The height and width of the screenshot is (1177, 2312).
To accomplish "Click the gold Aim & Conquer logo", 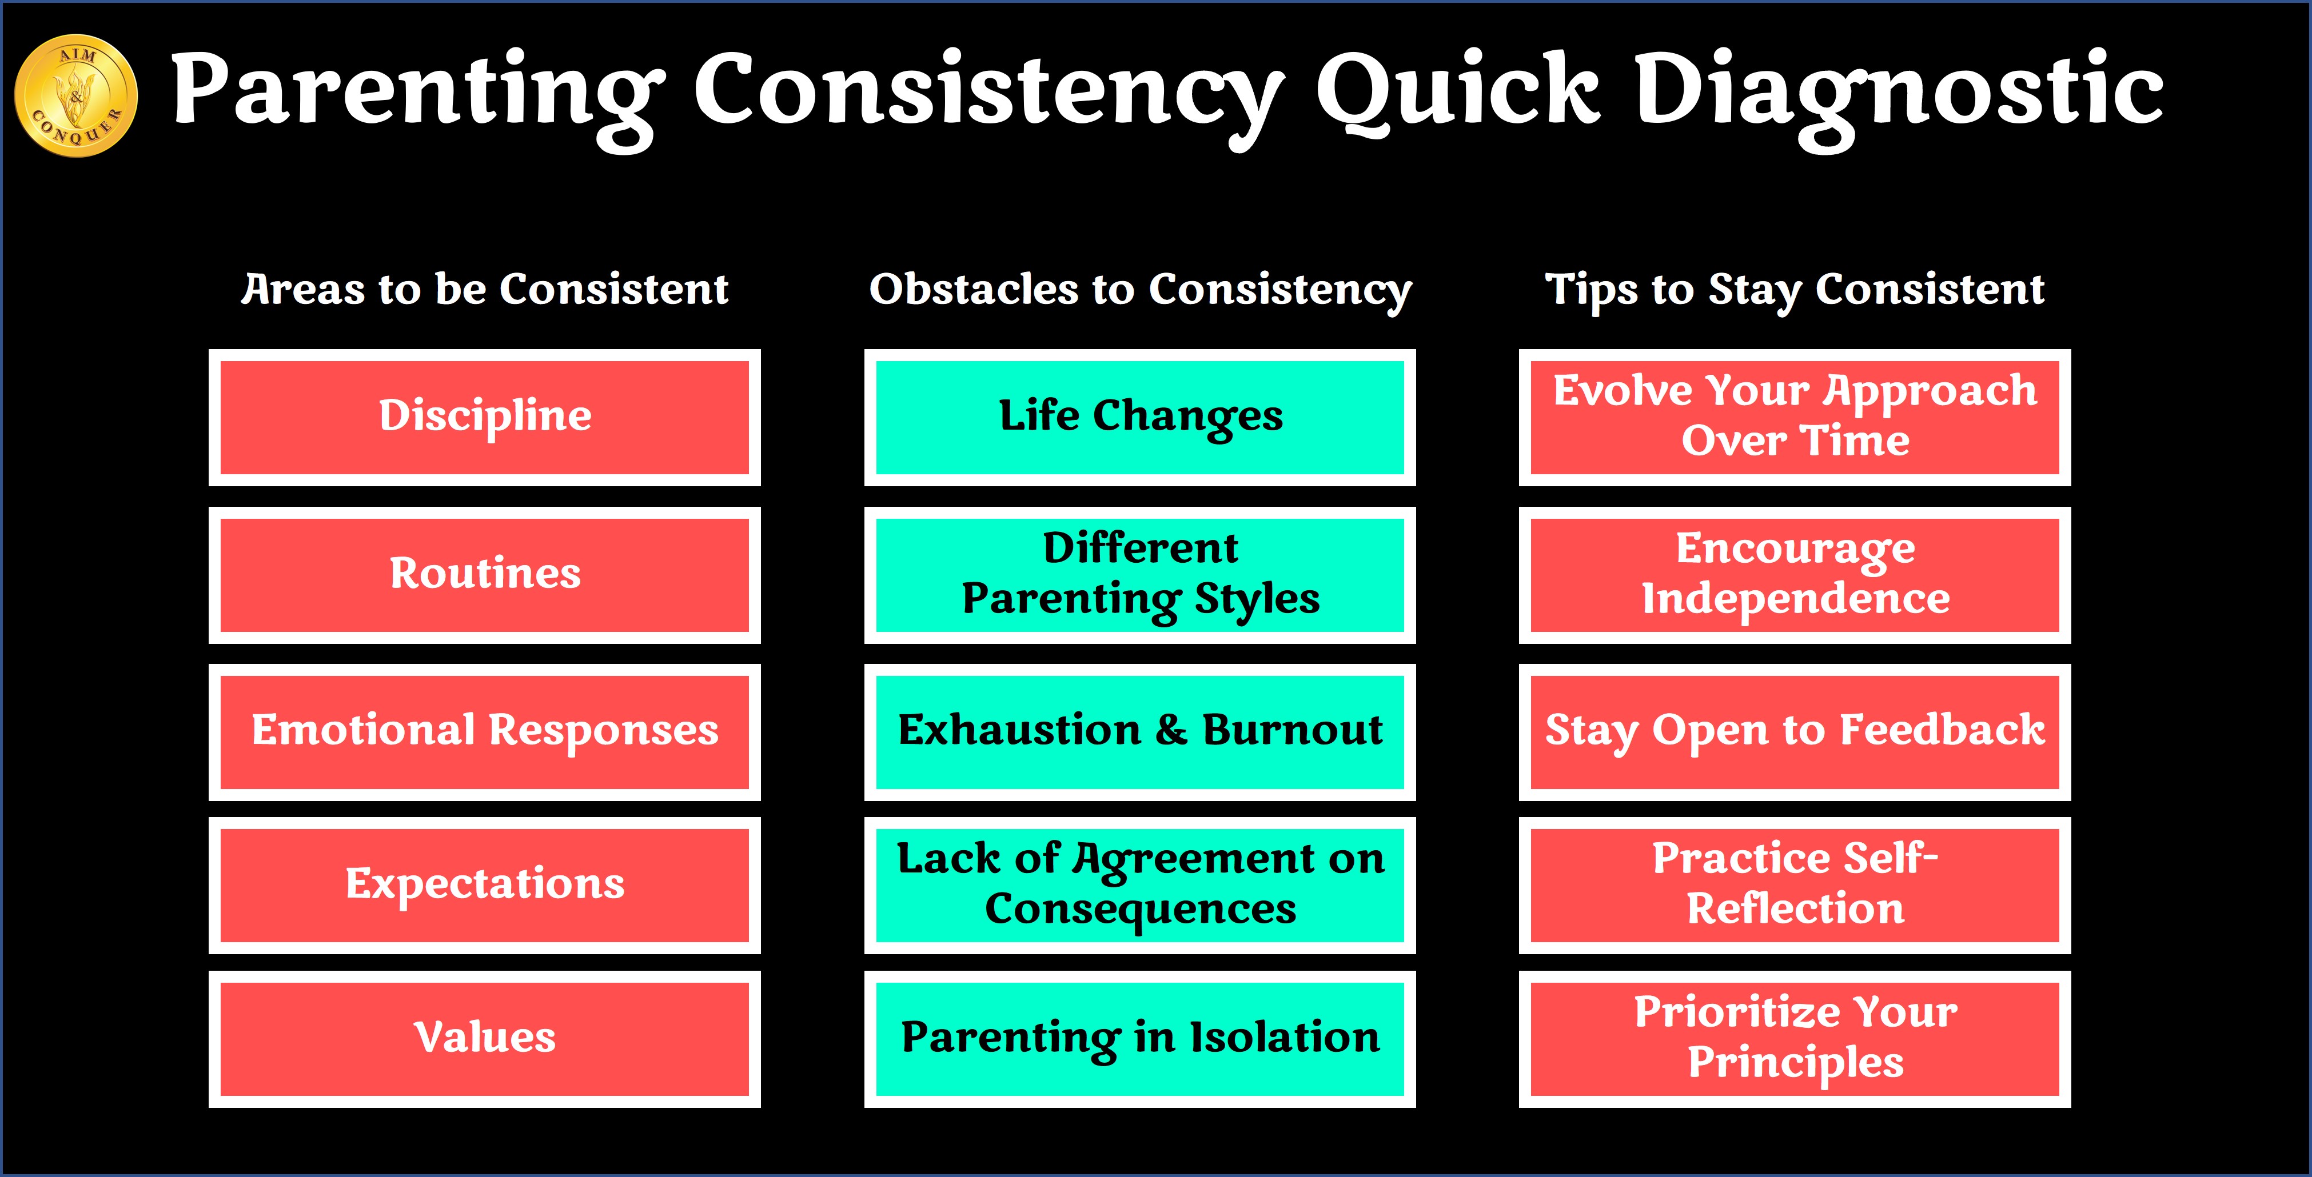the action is click(76, 96).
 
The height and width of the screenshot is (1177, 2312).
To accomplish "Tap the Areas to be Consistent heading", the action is click(485, 289).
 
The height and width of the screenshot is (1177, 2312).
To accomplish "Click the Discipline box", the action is click(485, 417).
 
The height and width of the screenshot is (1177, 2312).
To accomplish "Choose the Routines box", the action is click(485, 575).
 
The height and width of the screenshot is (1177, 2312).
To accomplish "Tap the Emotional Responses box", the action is click(485, 732).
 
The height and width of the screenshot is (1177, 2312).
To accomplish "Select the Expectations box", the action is click(485, 886).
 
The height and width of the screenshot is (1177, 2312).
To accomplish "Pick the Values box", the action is click(485, 1039).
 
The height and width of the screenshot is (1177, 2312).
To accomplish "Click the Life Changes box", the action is click(1140, 417).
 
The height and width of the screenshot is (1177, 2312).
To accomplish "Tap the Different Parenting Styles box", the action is click(1140, 575).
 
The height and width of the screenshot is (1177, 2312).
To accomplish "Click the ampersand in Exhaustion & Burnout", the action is click(1170, 730).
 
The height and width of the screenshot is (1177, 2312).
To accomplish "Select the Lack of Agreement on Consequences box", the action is click(1140, 886).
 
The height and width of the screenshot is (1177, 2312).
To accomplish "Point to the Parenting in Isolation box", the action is click(1140, 1039).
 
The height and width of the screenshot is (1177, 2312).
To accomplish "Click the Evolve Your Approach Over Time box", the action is click(1795, 417).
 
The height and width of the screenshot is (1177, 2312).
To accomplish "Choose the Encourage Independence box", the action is click(1795, 575).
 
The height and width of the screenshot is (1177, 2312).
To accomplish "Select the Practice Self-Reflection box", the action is click(1795, 886).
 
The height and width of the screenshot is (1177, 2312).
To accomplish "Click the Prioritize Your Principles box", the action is click(1795, 1039).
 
